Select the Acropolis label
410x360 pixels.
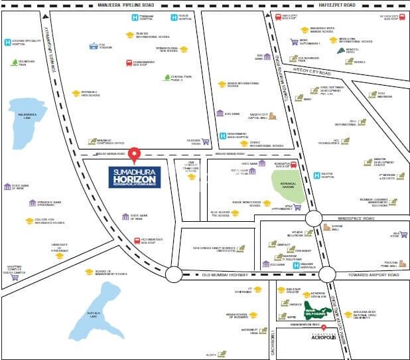pyautogui.click(x=323, y=337)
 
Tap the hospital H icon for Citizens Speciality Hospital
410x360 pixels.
pyautogui.click(x=7, y=43)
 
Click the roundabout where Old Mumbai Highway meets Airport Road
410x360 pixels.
pyautogui.click(x=326, y=274)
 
